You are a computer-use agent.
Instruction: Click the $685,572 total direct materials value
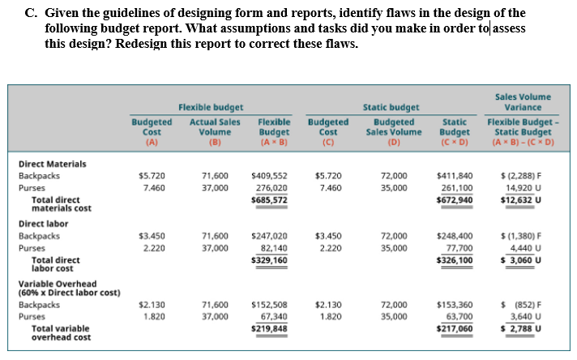coord(269,199)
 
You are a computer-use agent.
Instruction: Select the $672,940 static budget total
coord(455,199)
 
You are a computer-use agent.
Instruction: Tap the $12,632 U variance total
coord(521,199)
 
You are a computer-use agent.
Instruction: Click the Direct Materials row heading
coord(53,164)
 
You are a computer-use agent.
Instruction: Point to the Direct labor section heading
coord(44,223)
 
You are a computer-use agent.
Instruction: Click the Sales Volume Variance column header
coord(523,101)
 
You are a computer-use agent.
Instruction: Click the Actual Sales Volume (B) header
coord(215,131)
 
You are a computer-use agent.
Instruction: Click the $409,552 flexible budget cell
coord(269,175)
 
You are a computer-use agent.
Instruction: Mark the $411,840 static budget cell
coord(455,175)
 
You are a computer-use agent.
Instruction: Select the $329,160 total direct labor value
coord(269,259)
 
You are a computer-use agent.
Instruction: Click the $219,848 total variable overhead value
coord(269,328)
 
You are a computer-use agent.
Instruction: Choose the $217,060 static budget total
coord(455,328)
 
